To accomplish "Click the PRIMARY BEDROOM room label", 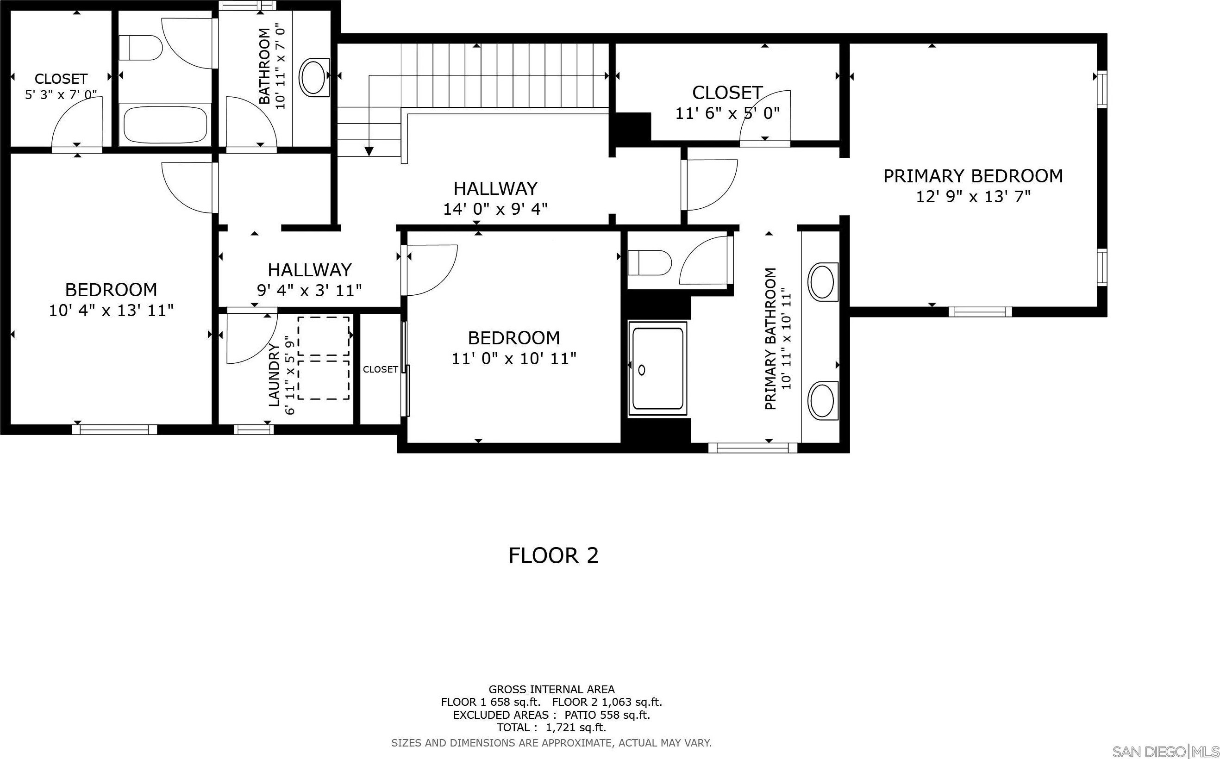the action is click(973, 176).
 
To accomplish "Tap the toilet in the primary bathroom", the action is click(650, 262).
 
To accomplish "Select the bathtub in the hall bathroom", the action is click(165, 124).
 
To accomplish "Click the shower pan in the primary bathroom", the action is click(658, 368).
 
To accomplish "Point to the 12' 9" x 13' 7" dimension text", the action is click(973, 197).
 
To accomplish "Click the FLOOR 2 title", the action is click(553, 556).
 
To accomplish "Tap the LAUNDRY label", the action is click(274, 375).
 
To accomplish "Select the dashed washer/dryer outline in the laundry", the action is click(324, 358).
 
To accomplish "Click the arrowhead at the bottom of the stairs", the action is click(369, 151).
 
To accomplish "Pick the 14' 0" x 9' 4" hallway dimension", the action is click(495, 209).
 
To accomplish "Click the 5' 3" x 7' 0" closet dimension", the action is click(61, 94).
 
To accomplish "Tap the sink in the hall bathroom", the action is click(314, 77).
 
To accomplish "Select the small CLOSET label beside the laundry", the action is click(380, 369).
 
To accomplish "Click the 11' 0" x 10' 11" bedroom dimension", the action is click(513, 358).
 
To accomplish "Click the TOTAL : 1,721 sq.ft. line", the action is click(551, 728).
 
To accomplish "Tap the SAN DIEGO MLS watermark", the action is click(1165, 752).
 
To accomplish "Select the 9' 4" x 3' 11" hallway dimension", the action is click(309, 290).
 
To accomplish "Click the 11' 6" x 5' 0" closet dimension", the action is click(727, 113).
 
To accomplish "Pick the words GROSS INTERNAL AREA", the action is click(551, 690).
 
